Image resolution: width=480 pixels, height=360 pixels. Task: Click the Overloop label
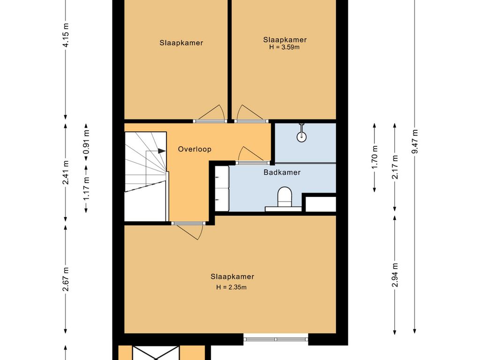pos(195,150)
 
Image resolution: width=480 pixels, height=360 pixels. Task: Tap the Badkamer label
pos(282,172)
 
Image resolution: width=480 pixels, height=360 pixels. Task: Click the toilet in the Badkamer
pos(285,197)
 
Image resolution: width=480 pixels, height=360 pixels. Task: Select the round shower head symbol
pos(301,136)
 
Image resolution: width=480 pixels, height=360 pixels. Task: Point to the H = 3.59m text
pos(285,47)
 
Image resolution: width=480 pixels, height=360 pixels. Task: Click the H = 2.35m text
pos(232,287)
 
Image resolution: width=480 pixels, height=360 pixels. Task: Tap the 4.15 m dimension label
pos(66,35)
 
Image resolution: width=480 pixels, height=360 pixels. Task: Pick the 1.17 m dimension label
pos(86,188)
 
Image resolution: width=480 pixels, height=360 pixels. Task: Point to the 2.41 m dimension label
pos(66,172)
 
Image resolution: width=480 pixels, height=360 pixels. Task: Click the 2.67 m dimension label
pos(66,279)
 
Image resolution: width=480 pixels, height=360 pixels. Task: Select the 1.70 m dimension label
pos(375,157)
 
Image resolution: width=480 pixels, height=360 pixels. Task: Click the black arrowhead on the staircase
pos(162,151)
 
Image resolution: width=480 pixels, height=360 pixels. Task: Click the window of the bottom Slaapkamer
pos(276,339)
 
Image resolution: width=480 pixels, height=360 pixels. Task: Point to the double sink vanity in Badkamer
pos(222,188)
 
